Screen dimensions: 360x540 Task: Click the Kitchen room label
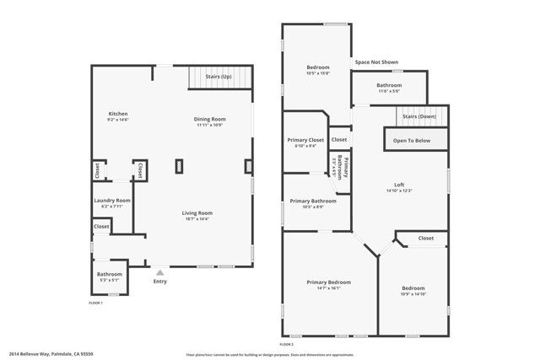pyautogui.click(x=117, y=114)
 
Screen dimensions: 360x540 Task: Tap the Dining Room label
pyautogui.click(x=209, y=119)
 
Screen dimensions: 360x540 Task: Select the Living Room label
pyautogui.click(x=197, y=213)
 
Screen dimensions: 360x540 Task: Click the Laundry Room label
pyautogui.click(x=111, y=201)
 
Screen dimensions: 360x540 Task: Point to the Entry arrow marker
pyautogui.click(x=159, y=272)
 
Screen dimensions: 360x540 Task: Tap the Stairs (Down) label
pyautogui.click(x=418, y=116)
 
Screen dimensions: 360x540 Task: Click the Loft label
pyautogui.click(x=399, y=185)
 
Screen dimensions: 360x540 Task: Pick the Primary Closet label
pyautogui.click(x=305, y=140)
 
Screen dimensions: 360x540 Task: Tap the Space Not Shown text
pyautogui.click(x=376, y=62)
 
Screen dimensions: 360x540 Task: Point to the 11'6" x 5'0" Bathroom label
pyautogui.click(x=389, y=85)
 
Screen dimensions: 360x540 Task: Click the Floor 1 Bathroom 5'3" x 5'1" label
pyautogui.click(x=110, y=274)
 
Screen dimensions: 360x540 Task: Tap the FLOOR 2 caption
pyautogui.click(x=286, y=344)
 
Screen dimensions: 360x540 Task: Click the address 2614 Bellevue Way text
pyautogui.click(x=51, y=354)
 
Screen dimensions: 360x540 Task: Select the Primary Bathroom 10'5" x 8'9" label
pyautogui.click(x=312, y=201)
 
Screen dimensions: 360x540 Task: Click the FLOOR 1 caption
pyautogui.click(x=95, y=302)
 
